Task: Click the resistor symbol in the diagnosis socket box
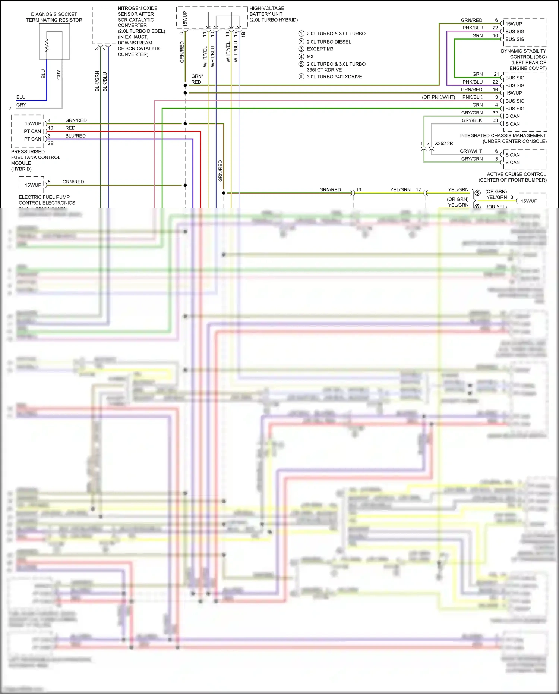coord(47,46)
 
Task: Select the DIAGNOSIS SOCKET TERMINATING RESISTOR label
coord(54,17)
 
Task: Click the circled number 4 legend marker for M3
coord(301,57)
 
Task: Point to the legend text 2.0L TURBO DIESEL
coord(329,42)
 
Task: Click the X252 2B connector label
coord(444,144)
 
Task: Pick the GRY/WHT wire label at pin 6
coord(471,151)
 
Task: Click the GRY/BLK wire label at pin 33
coord(472,120)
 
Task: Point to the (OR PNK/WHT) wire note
coord(438,97)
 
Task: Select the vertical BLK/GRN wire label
coord(97,81)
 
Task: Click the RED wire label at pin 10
coord(70,128)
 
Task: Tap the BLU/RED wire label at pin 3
coord(75,136)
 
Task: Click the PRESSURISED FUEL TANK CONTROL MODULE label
coord(35,160)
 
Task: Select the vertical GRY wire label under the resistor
coord(59,75)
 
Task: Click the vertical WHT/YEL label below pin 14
coord(205,57)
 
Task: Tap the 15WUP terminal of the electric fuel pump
coord(33,185)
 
